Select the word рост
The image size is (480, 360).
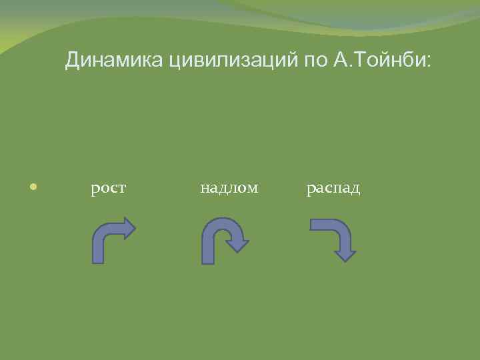coord(109,189)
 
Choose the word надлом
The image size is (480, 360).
coord(229,189)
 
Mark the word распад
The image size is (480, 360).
coord(333,189)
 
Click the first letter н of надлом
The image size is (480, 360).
coord(204,190)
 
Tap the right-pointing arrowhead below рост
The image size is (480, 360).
coord(128,228)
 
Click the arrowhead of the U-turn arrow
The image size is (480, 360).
coord(237,245)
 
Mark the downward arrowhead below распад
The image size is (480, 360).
coord(345,254)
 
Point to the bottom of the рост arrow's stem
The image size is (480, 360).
coord(98,259)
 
